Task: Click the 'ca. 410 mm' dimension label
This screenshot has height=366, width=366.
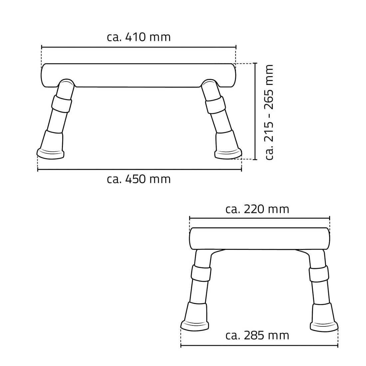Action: pyautogui.click(x=139, y=37)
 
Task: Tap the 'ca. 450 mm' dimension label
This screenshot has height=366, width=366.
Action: pyautogui.click(x=139, y=179)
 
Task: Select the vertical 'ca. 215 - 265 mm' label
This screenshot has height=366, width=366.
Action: pyautogui.click(x=270, y=112)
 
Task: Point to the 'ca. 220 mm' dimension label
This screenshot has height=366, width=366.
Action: pyautogui.click(x=257, y=209)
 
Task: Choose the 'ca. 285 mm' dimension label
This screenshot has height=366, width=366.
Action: pyautogui.click(x=257, y=335)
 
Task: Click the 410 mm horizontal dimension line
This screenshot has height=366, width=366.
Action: pyautogui.click(x=139, y=47)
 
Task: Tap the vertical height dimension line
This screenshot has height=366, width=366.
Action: pyautogui.click(x=255, y=111)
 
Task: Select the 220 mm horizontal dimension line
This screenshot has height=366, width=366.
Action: pyautogui.click(x=260, y=218)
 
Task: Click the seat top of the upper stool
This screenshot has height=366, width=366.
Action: pyautogui.click(x=139, y=75)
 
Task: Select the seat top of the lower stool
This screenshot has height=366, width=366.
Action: pyautogui.click(x=260, y=238)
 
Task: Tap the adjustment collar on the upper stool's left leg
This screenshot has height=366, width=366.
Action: pyautogui.click(x=61, y=104)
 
